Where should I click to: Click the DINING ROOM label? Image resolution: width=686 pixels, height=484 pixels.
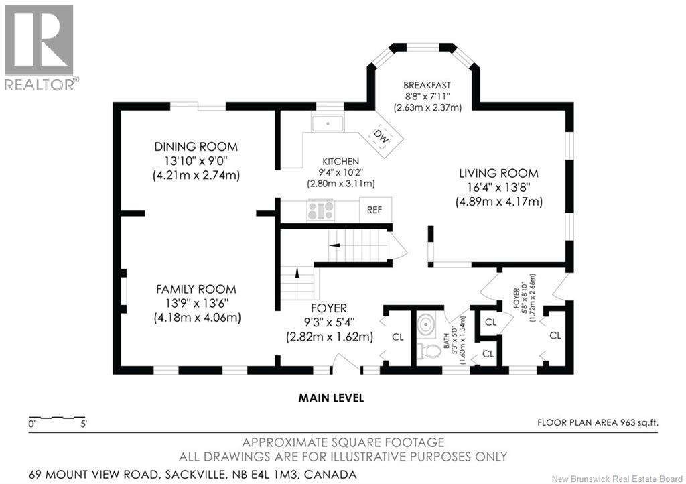tap(196, 147)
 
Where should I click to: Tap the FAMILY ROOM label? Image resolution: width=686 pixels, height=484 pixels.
tap(196, 290)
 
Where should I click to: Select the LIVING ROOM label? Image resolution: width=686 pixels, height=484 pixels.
tap(498, 174)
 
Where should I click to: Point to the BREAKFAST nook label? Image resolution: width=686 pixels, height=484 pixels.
tap(427, 85)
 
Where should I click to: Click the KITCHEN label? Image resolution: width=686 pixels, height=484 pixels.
tap(341, 162)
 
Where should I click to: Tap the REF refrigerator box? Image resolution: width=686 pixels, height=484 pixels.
tap(375, 210)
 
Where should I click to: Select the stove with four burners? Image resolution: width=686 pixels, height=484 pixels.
tap(321, 210)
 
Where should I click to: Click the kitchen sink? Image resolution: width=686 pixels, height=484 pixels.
tap(328, 123)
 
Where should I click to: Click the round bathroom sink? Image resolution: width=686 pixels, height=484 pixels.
tap(424, 325)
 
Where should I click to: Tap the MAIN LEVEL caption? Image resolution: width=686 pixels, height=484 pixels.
tap(331, 398)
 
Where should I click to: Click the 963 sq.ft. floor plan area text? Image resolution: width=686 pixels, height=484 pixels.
tap(598, 423)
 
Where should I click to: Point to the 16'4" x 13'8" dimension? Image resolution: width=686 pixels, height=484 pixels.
tap(498, 187)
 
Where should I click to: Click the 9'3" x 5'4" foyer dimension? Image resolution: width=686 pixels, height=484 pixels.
tap(329, 323)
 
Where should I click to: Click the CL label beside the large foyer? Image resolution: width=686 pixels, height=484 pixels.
tap(398, 337)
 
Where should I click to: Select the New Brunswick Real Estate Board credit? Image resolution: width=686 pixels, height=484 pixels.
tap(618, 479)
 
